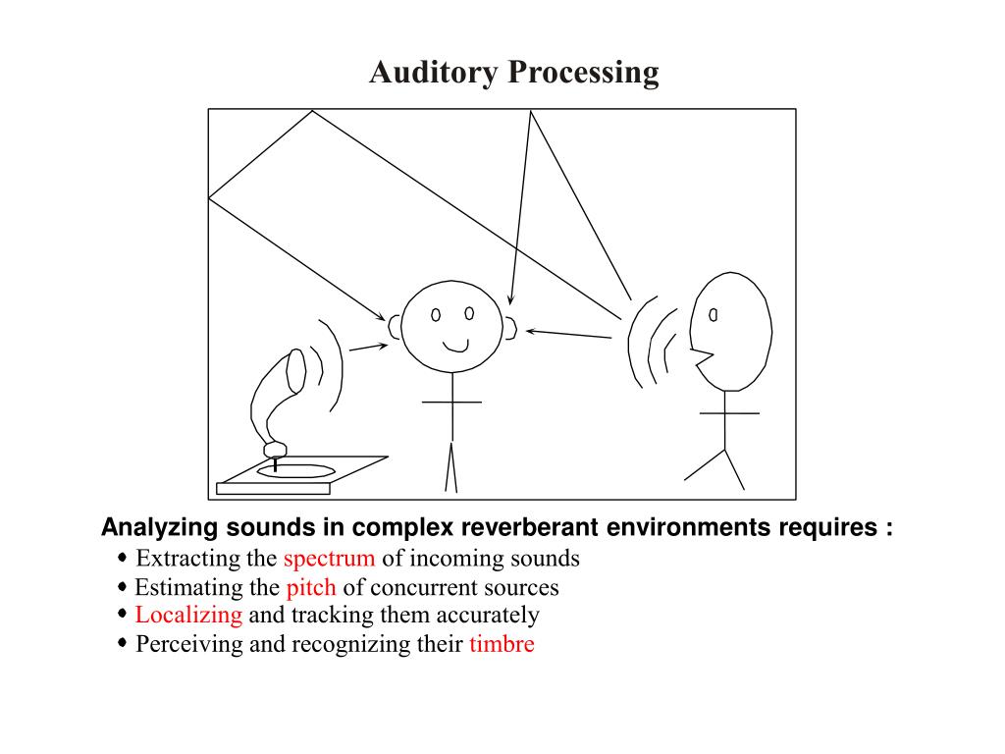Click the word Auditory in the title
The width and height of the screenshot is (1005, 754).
coord(433,73)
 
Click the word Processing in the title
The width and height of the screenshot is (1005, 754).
coord(583,73)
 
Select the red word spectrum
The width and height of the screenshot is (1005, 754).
coord(329,559)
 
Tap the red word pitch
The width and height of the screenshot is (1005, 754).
coord(311,588)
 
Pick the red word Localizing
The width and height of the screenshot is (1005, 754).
coord(188,616)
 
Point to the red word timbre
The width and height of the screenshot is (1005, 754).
coord(502,644)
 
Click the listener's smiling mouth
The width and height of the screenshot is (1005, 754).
coord(455,347)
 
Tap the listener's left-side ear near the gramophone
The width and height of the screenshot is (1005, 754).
coord(394,327)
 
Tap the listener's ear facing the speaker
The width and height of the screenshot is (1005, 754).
coord(510,328)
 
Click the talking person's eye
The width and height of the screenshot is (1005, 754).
coord(713,315)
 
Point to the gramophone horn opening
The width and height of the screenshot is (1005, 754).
coord(296,370)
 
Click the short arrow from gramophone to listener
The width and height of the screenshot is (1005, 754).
coord(369,348)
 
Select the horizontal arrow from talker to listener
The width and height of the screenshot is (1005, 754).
coord(568,334)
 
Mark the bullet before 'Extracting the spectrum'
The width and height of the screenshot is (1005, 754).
coord(123,558)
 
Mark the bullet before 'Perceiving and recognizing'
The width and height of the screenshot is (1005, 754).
coord(123,643)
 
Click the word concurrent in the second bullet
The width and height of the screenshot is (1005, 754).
coord(428,588)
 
